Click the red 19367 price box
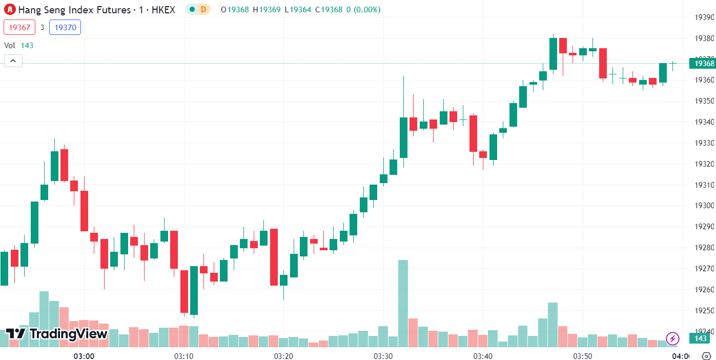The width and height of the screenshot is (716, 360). pos(19,28)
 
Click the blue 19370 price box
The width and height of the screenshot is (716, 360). pos(65,28)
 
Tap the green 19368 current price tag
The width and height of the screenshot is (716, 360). pos(702,64)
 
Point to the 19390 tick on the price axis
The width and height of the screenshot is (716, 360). pos(704,17)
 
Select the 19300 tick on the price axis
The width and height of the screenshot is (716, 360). pos(704,206)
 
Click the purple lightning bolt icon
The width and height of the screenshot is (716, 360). pos(672,338)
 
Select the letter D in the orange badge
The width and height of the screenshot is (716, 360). pos(203,9)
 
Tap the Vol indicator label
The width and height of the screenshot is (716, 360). pos(10,45)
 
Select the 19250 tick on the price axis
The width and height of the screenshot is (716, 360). pos(704,310)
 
